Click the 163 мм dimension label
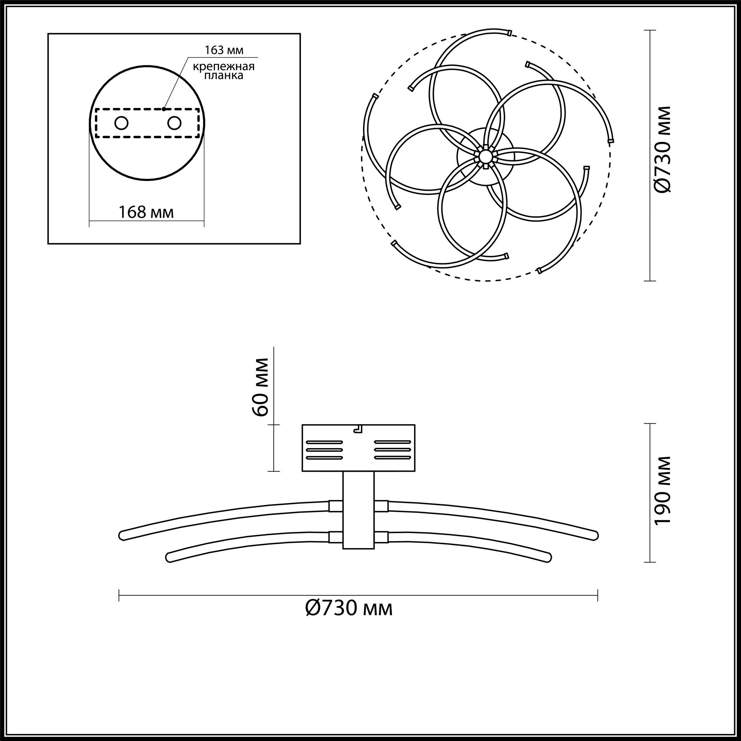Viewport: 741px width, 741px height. coord(224,50)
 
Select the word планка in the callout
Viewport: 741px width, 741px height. coord(224,76)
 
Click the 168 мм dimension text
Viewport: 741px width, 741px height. coord(146,212)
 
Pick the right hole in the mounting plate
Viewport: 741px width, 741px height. coord(174,123)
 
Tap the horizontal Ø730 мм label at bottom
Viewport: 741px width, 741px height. coord(349,608)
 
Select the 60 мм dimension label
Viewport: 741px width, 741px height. coord(261,387)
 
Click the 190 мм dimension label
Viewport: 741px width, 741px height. coord(663,490)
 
